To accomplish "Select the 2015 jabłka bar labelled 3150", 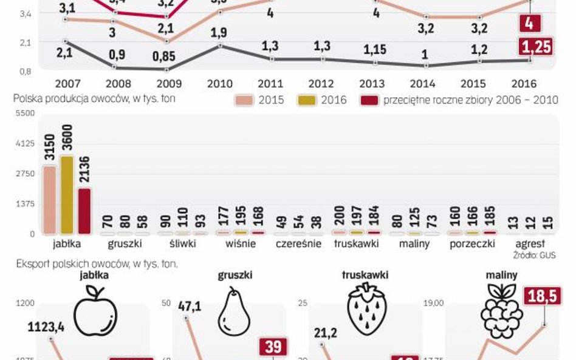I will pyautogui.click(x=50, y=200).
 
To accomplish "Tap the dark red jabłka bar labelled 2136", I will pyautogui.click(x=84, y=211).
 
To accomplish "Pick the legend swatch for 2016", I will pyautogui.click(x=307, y=100).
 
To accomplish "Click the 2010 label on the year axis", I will pyautogui.click(x=220, y=84).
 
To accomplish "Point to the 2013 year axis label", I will pyautogui.click(x=372, y=84).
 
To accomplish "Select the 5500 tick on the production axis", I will pyautogui.click(x=25, y=114).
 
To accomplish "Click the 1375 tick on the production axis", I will pyautogui.click(x=25, y=203).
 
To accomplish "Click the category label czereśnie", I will pyautogui.click(x=298, y=244).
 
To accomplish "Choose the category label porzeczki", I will pyautogui.click(x=471, y=244).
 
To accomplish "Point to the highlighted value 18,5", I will pyautogui.click(x=542, y=297).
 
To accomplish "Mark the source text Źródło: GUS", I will pyautogui.click(x=534, y=256).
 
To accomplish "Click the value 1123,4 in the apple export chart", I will pyautogui.click(x=46, y=328).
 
